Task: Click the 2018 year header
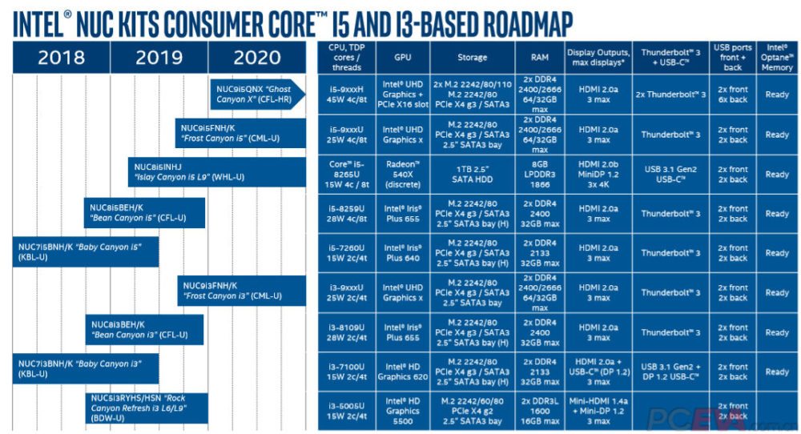point(61,58)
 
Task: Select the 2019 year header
point(159,58)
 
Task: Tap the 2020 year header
point(256,58)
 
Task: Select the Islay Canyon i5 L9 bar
point(216,172)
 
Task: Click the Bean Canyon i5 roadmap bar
point(145,211)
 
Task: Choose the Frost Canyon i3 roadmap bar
point(241,291)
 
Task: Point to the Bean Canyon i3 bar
point(145,330)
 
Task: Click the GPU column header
point(402,58)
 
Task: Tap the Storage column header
point(473,58)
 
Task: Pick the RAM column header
point(539,58)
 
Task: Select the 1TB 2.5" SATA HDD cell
point(473,174)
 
